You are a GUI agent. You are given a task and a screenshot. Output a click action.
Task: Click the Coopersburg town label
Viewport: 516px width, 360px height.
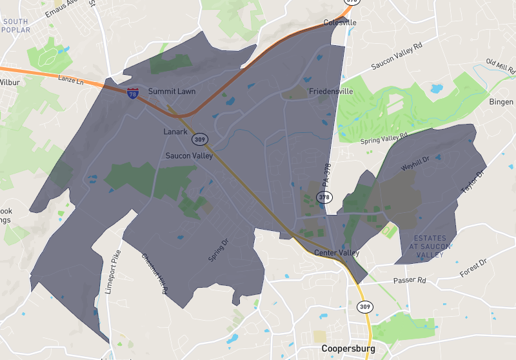click(x=348, y=349)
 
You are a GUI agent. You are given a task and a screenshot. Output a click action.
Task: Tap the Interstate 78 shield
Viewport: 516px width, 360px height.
click(x=133, y=94)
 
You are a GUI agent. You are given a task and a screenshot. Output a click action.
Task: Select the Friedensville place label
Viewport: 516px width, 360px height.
click(x=331, y=92)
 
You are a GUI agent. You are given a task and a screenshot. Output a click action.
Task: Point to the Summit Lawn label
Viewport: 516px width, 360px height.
click(x=172, y=92)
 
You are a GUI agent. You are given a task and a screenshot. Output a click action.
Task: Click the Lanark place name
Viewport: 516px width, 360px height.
click(x=174, y=132)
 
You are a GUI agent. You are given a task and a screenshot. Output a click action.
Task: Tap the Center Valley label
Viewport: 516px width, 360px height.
click(x=337, y=253)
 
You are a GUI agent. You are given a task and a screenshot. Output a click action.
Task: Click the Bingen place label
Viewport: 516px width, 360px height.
click(x=501, y=102)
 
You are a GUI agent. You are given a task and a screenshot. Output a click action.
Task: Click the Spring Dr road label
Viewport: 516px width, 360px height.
click(x=219, y=248)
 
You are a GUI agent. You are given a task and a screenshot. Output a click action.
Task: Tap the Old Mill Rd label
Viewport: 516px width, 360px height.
click(x=501, y=65)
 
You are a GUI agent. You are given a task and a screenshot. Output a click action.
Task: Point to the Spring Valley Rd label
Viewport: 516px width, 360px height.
click(x=384, y=137)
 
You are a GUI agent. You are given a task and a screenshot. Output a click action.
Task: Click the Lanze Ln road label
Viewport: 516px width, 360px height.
click(x=71, y=80)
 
